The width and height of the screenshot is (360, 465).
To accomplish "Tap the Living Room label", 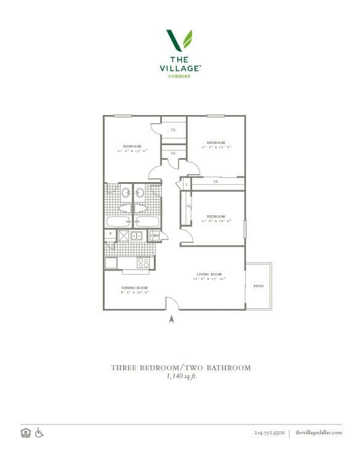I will pos(209,274).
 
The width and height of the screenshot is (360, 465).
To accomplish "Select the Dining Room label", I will pos(134,288).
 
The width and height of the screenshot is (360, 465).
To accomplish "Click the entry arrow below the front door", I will pos(172,319).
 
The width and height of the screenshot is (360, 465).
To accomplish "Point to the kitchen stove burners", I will pos(143,263).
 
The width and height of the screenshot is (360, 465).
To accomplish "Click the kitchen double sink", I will pos(135,235).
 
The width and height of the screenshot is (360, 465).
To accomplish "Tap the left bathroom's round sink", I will pos(126,193).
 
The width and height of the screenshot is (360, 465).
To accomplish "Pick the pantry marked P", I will pos(111,234).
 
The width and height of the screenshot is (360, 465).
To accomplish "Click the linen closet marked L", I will pos(186,184).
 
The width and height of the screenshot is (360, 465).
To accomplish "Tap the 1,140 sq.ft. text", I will pos(180,376).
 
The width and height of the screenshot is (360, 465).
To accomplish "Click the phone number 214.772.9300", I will pos(269,433).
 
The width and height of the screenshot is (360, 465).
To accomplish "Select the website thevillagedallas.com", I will pos(318,433).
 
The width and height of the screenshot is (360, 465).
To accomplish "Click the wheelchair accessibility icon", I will pos(39,432).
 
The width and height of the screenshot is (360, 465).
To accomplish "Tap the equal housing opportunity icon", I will pos(26,432).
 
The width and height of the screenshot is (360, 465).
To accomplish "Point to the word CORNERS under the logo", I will pos(180,76).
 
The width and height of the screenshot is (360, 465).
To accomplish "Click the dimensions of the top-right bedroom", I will pos(215,147).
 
